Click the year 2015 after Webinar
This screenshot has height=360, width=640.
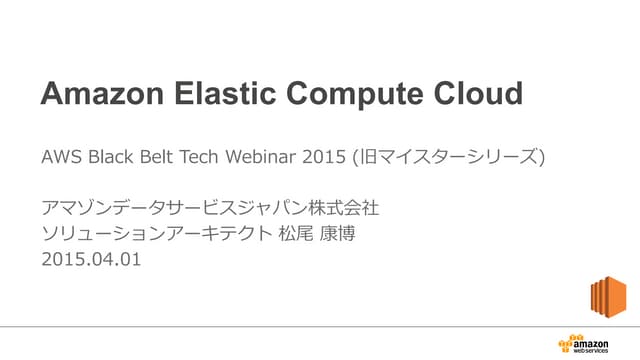319,157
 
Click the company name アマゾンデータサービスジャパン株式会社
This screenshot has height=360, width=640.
210,210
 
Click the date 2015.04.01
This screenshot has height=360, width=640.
91,260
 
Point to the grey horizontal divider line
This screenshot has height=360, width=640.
300,325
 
